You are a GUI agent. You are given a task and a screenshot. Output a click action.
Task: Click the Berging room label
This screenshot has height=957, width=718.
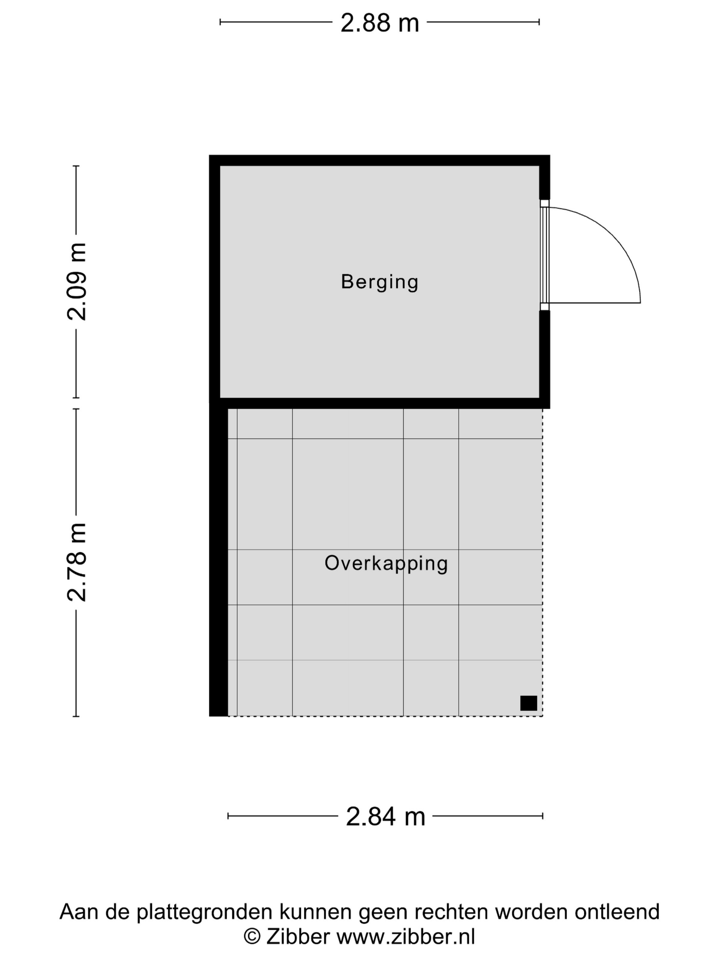tap(380, 282)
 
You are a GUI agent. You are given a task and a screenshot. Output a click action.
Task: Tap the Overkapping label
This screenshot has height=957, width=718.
tap(386, 563)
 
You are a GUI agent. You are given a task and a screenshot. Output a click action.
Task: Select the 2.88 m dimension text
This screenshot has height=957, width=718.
tap(380, 23)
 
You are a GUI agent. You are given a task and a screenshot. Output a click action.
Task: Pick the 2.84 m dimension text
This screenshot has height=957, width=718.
tap(385, 817)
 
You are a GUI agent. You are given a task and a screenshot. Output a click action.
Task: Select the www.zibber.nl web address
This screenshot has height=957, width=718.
tap(406, 937)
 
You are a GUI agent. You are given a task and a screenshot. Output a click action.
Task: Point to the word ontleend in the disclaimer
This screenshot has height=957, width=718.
tap(617, 912)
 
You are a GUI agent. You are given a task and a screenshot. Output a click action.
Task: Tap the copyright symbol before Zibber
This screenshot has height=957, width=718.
tap(252, 937)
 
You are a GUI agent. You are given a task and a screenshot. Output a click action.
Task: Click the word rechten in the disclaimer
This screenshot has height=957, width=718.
tap(451, 912)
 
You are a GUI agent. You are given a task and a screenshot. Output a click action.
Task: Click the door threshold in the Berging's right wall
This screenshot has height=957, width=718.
tap(544, 255)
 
